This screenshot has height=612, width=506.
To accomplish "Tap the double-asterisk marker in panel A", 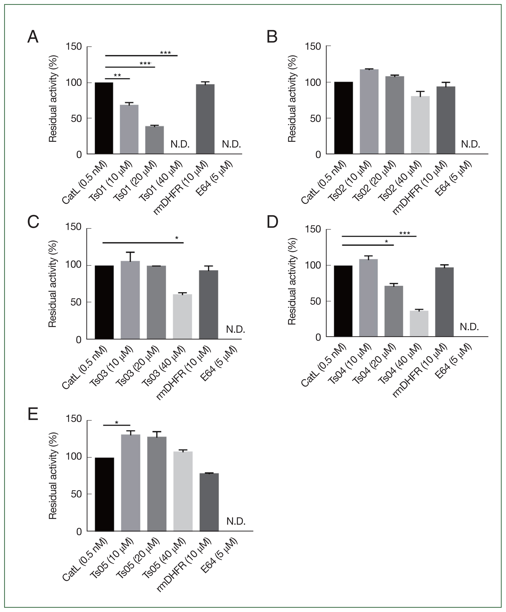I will click(117, 75).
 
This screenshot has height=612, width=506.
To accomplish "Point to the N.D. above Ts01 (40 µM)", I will click(180, 144).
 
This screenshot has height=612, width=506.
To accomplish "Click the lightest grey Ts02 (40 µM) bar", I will click(420, 125).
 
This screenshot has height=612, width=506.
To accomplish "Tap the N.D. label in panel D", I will click(469, 327).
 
